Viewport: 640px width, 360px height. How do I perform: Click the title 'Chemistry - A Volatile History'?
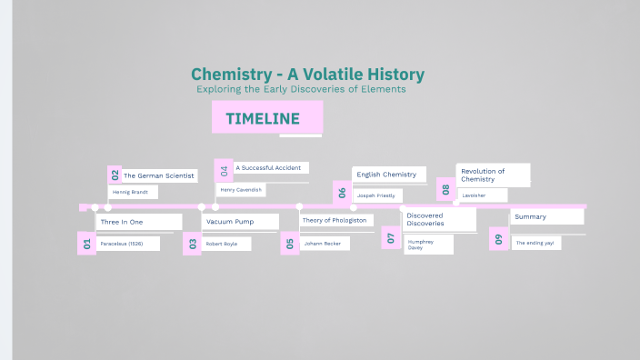[307, 74]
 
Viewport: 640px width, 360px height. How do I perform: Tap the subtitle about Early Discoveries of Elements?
[300, 90]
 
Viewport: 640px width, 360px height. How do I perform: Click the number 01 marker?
[87, 243]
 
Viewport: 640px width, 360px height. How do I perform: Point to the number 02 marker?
[115, 175]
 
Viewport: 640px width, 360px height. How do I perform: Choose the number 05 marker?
[289, 243]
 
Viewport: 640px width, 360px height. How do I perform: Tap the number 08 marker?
[445, 189]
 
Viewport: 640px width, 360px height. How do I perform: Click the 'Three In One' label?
[122, 222]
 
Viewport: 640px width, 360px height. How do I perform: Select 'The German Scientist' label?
[158, 175]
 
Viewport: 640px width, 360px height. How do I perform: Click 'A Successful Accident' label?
[270, 167]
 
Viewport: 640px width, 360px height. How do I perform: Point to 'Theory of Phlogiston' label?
[334, 220]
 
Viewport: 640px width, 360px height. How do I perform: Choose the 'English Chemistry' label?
[386, 175]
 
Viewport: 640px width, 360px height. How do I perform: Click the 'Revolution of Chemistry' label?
[483, 175]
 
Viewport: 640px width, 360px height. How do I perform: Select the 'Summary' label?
[530, 216]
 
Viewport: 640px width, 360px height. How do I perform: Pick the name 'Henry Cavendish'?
[241, 190]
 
